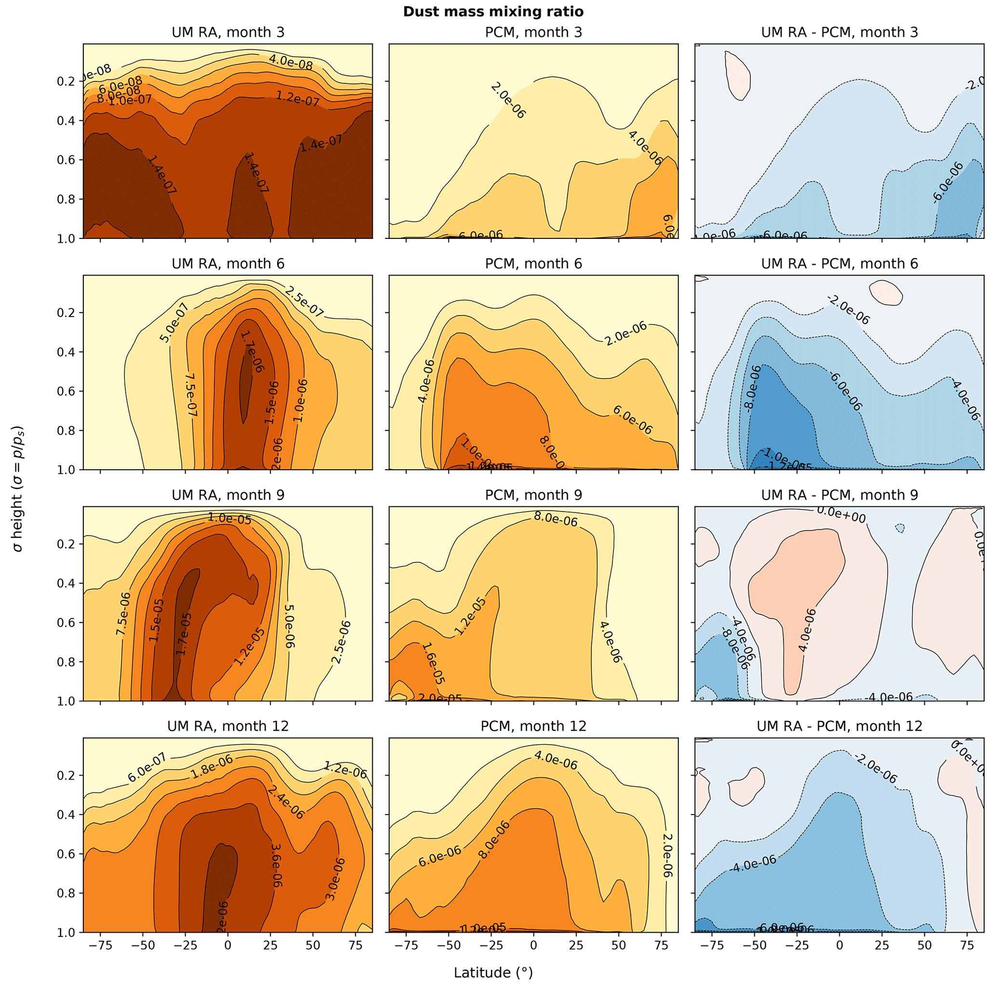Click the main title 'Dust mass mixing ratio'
click(493, 12)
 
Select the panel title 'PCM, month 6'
click(533, 264)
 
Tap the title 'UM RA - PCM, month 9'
click(839, 495)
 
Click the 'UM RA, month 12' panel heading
click(228, 726)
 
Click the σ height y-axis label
click(18, 488)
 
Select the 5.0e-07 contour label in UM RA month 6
click(175, 323)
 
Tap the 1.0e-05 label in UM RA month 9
click(229, 519)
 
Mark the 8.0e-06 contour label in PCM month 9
click(556, 519)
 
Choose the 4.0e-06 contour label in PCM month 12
click(555, 760)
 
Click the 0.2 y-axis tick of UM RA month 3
click(68, 81)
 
